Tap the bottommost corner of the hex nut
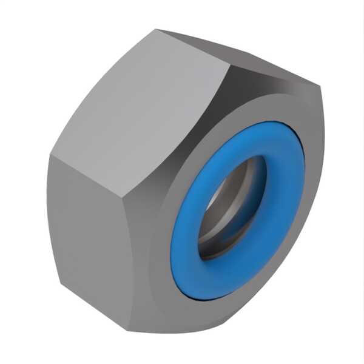pyautogui.click(x=146, y=332)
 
